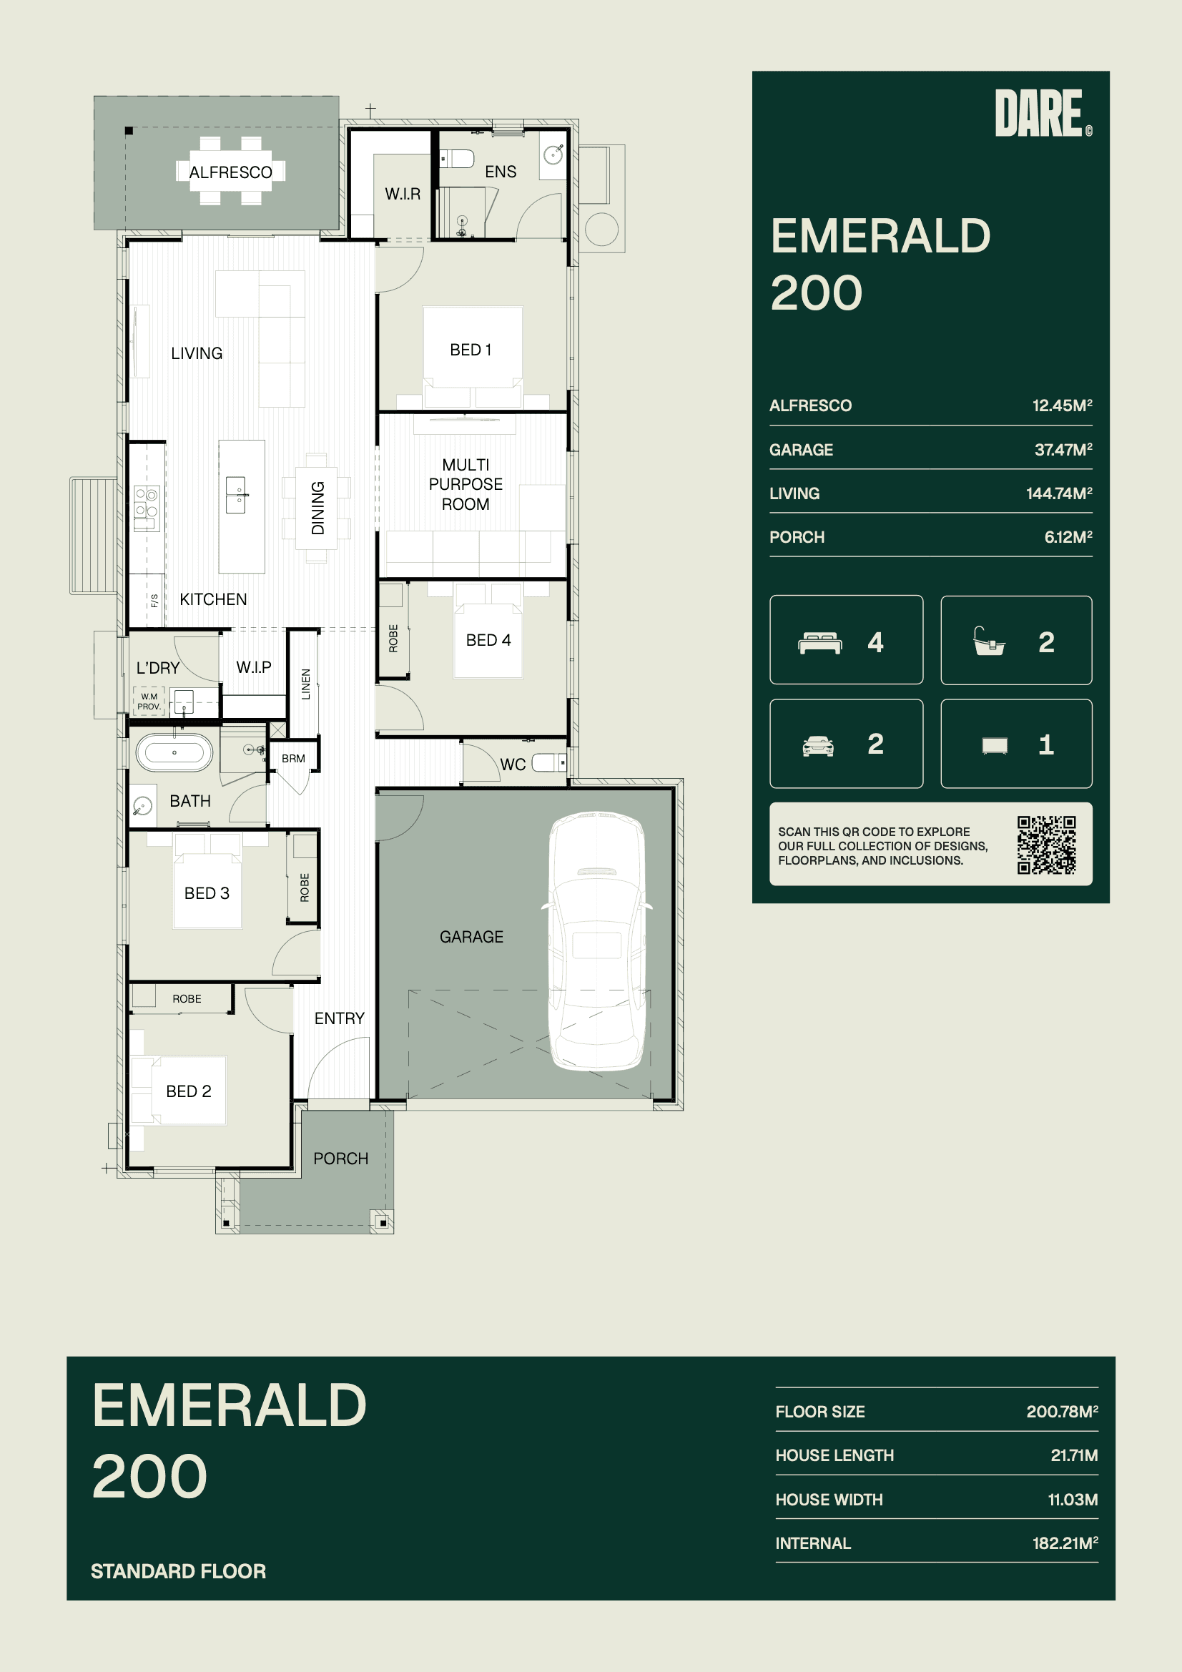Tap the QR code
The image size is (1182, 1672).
point(1047,845)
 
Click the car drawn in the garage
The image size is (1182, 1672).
point(596,942)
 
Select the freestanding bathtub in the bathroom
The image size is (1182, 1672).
point(174,752)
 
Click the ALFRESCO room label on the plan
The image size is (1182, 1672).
point(231,172)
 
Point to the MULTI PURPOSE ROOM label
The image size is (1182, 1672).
point(466,484)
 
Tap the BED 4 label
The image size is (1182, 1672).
point(488,640)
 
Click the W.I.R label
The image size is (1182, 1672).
point(403,194)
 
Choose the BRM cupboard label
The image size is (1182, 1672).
point(293,758)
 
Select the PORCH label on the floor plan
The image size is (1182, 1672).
point(341,1158)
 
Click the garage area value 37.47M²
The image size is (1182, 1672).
point(1063,449)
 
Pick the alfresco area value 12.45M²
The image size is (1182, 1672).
point(1062,405)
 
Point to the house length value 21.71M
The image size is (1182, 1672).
point(1074,1455)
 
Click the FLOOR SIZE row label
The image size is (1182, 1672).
point(820,1411)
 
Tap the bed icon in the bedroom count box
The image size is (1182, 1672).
point(820,643)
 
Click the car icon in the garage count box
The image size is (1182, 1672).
point(818,746)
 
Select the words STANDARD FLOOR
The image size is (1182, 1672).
point(179,1570)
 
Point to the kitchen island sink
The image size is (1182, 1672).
point(236,495)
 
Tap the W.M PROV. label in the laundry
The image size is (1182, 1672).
point(149,702)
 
